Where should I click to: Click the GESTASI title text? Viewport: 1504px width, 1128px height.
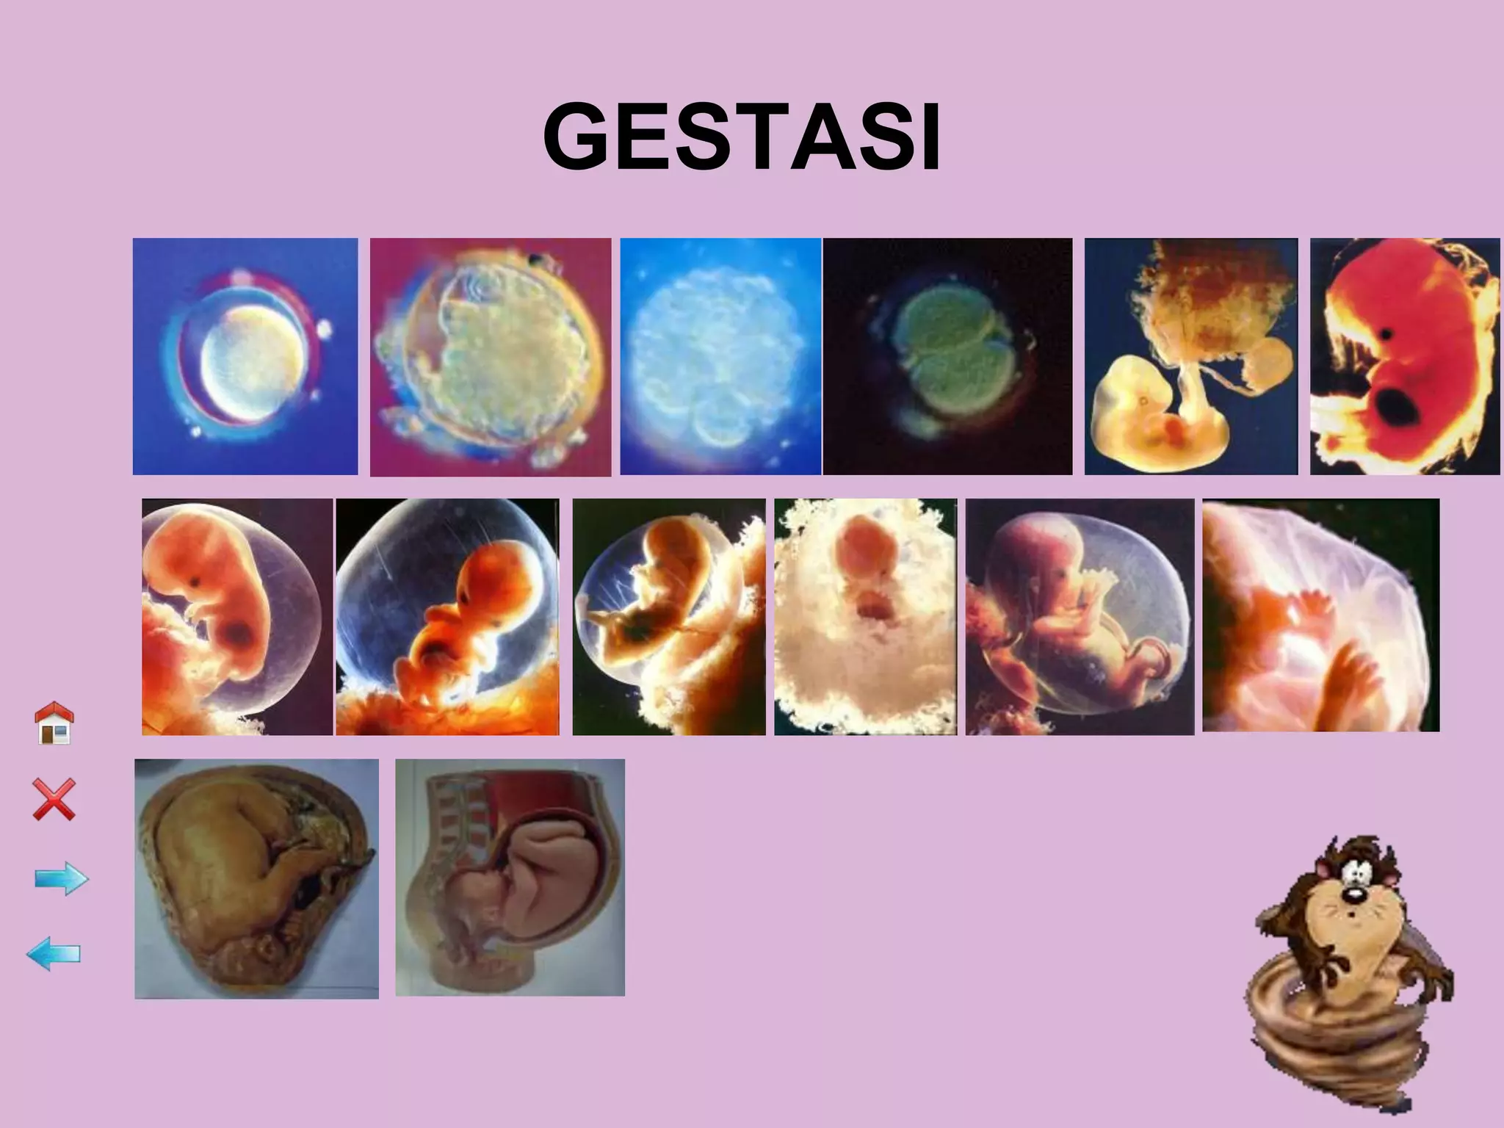pos(742,137)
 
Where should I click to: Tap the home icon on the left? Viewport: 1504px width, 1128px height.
pos(55,723)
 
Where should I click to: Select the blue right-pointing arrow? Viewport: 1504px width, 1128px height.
pos(62,878)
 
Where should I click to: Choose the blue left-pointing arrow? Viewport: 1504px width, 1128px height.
pos(54,954)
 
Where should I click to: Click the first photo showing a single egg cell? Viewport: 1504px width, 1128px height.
pos(245,356)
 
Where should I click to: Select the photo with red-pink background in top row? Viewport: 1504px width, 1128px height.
pos(491,357)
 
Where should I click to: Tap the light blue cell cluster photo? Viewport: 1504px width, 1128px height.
pos(720,356)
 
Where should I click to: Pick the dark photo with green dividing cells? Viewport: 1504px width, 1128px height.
pos(947,356)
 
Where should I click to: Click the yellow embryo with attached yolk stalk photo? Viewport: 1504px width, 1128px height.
pos(1190,356)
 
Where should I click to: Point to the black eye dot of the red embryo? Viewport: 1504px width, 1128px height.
pos(1386,333)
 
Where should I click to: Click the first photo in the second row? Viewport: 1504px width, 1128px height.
pos(237,617)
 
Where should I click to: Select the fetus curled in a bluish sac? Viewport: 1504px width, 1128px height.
pos(447,617)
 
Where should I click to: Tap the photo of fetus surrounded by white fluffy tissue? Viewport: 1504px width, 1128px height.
pos(865,617)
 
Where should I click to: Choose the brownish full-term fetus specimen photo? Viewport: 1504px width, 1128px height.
pos(256,878)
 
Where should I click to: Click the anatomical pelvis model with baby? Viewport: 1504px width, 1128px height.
pos(510,878)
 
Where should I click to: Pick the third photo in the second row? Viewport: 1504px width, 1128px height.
pos(668,617)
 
